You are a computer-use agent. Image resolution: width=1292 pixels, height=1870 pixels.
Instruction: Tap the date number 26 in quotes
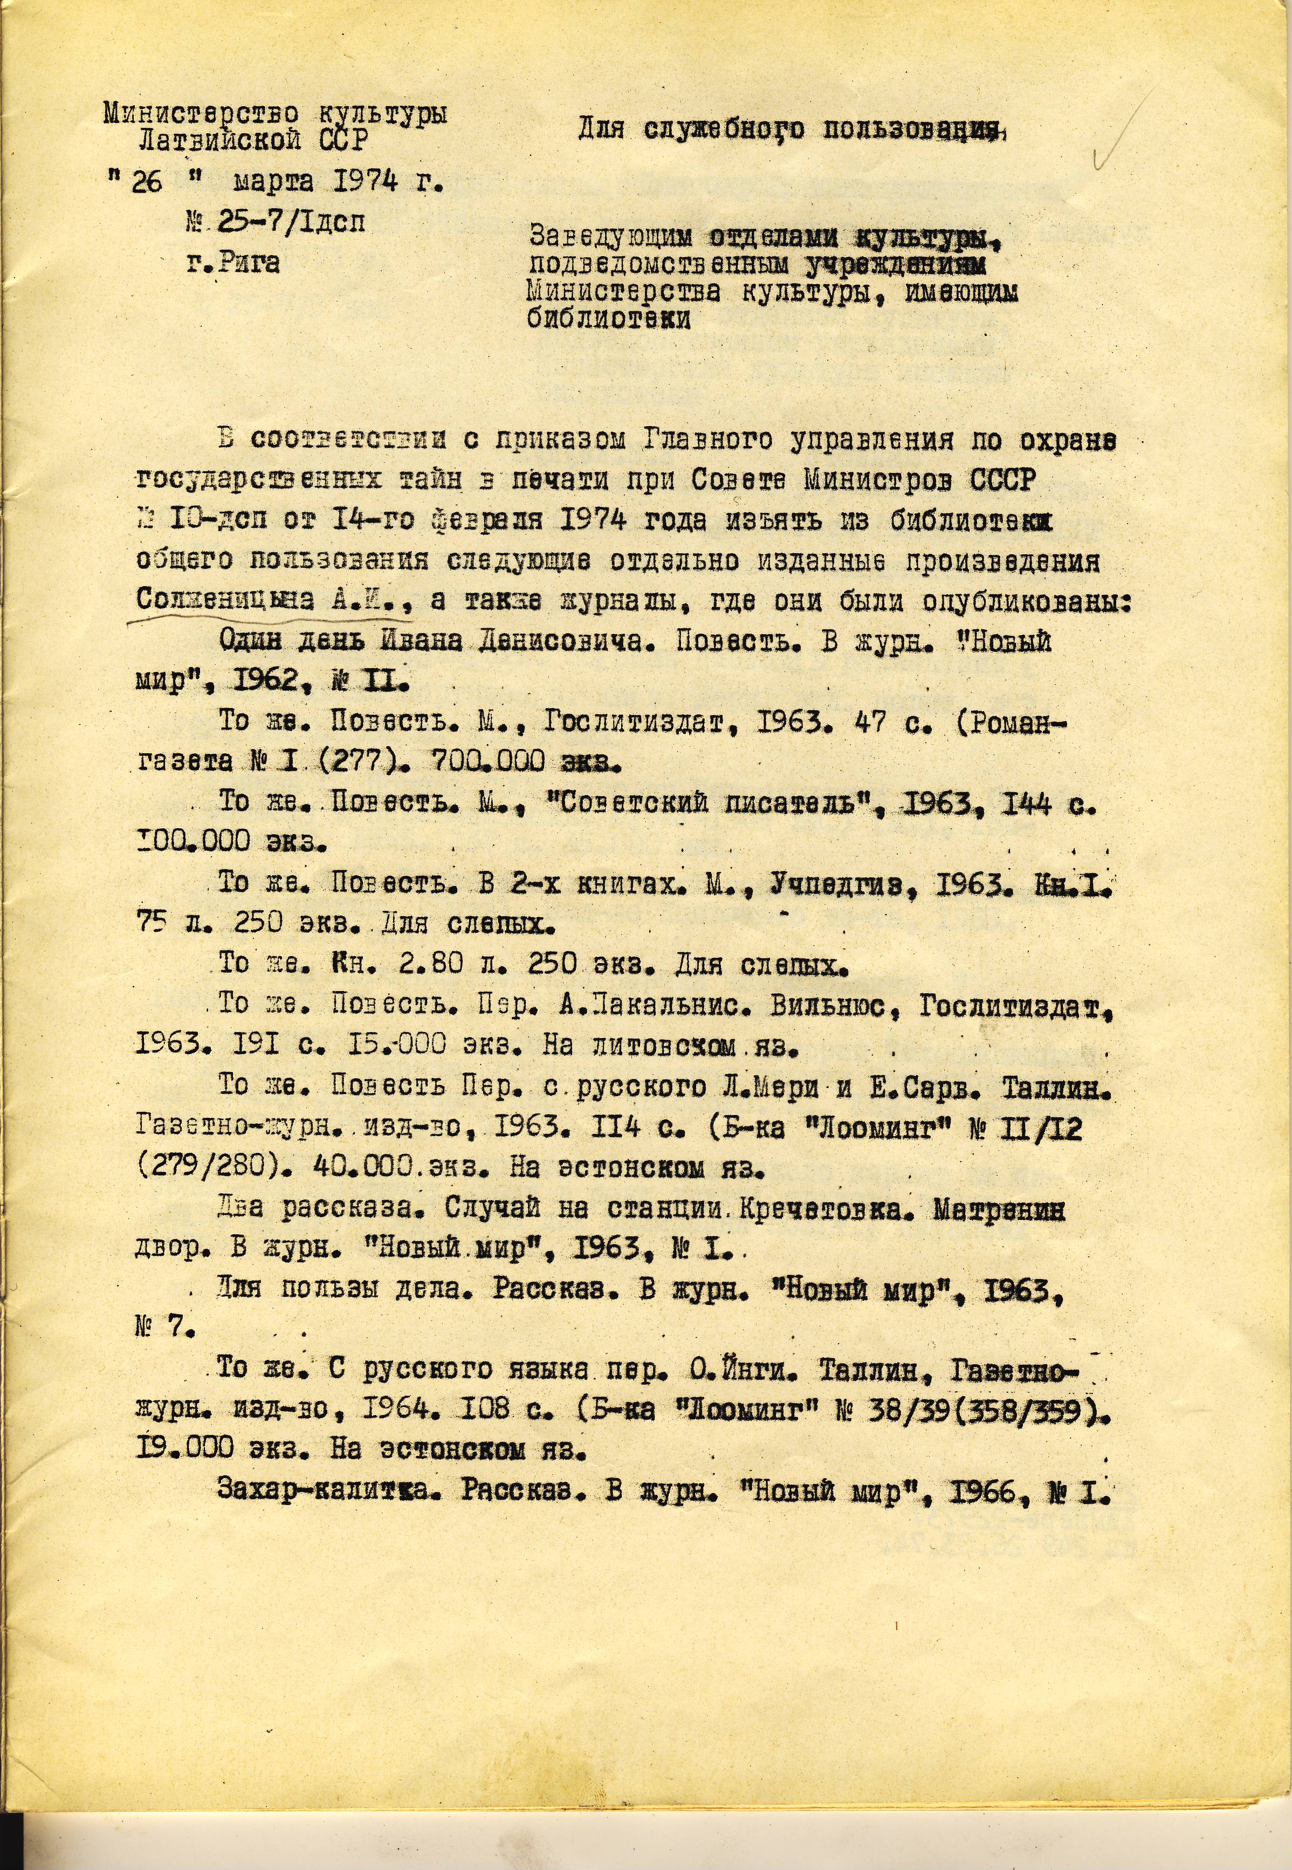[147, 182]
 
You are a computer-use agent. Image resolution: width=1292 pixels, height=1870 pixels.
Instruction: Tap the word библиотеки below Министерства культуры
[609, 319]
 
